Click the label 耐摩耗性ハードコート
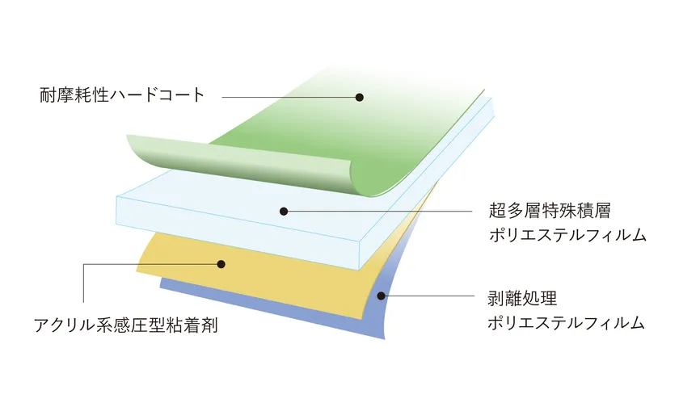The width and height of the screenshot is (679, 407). [122, 95]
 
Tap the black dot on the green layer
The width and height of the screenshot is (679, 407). [360, 98]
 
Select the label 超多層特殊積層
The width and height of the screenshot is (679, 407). [550, 211]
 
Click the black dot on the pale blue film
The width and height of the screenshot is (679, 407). [284, 212]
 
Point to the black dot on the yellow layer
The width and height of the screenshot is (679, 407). [221, 264]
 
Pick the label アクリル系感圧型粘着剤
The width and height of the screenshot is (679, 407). [125, 325]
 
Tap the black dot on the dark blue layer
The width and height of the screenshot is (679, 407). [381, 296]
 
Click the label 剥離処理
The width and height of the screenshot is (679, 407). [522, 299]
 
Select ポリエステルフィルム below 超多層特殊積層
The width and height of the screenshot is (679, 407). [567, 235]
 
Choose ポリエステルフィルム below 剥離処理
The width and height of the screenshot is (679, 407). [567, 323]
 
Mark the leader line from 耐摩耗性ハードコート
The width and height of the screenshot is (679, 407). [290, 98]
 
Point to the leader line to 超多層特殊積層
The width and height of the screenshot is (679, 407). [377, 212]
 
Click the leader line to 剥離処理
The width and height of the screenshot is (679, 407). [428, 296]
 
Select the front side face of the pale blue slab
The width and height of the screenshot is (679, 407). [238, 233]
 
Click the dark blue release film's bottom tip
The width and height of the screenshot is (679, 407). [384, 338]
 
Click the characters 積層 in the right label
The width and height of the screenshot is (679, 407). [593, 211]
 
